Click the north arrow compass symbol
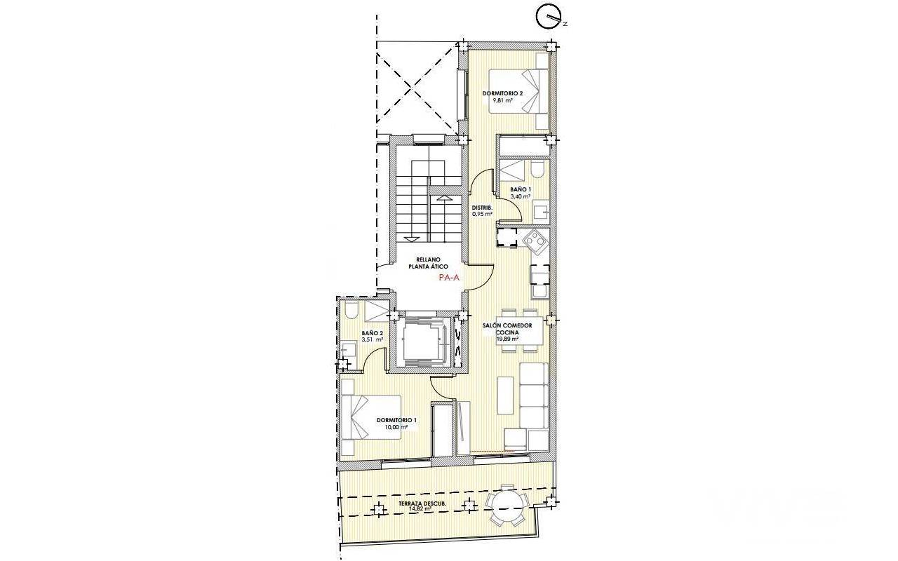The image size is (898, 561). (549, 18)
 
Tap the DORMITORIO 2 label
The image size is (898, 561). (502, 93)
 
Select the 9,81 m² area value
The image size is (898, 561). (503, 100)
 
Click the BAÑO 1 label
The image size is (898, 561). (521, 189)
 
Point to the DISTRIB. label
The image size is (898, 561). (482, 208)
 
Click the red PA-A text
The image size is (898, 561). (449, 277)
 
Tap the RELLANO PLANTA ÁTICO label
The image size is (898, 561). (428, 263)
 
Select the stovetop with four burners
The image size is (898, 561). (536, 241)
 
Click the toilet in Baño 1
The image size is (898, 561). (537, 170)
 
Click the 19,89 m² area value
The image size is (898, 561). (507, 339)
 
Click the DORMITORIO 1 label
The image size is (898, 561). (396, 420)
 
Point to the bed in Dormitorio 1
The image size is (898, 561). (371, 417)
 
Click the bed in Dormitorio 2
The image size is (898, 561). (518, 91)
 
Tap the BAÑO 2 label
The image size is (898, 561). (92, 333)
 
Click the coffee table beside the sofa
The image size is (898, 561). (505, 396)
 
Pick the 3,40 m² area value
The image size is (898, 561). (521, 196)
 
